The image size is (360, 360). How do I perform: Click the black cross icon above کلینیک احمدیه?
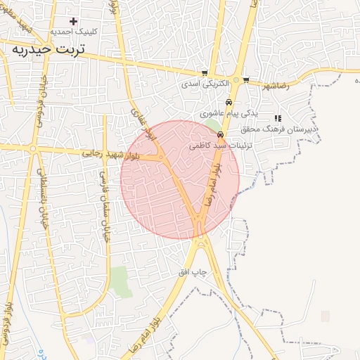pyautogui.click(x=73, y=22)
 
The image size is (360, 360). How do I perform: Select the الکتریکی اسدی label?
pyautogui.click(x=205, y=83)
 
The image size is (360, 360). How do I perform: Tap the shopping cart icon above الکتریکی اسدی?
pyautogui.click(x=205, y=73)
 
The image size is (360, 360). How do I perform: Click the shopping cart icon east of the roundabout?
pyautogui.click(x=245, y=79)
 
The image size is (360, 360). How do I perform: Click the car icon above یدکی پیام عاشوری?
pyautogui.click(x=229, y=102)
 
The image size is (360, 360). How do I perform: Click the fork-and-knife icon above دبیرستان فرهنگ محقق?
pyautogui.click(x=278, y=118)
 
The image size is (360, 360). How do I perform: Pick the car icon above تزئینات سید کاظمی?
pyautogui.click(x=221, y=134)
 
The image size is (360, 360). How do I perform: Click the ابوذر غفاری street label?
pyautogui.click(x=142, y=123)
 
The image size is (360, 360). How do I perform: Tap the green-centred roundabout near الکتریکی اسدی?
pyautogui.click(x=236, y=79)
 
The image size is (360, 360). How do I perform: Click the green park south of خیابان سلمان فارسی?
pyautogui.click(x=121, y=280)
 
